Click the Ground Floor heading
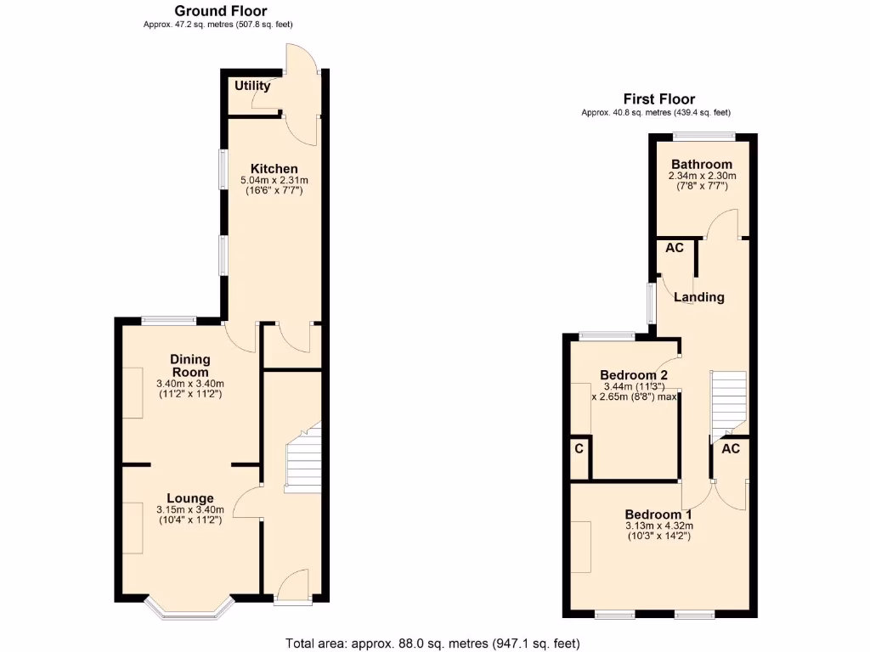pyautogui.click(x=220, y=11)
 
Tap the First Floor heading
pyautogui.click(x=658, y=99)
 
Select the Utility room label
pyautogui.click(x=252, y=86)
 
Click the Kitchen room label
pyautogui.click(x=274, y=169)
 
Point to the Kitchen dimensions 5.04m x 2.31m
pyautogui.click(x=274, y=180)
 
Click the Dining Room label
pyautogui.click(x=189, y=366)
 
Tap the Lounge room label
pyautogui.click(x=189, y=498)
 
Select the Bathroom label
pyautogui.click(x=702, y=165)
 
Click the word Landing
pyautogui.click(x=699, y=297)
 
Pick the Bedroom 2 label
pyautogui.click(x=634, y=375)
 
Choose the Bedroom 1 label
pyautogui.click(x=658, y=514)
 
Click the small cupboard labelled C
pyautogui.click(x=579, y=448)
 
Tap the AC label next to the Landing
pyautogui.click(x=675, y=249)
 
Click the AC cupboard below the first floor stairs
pyautogui.click(x=731, y=449)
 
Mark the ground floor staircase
pyautogui.click(x=303, y=458)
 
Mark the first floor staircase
pyautogui.click(x=728, y=400)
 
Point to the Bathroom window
pyautogui.click(x=704, y=136)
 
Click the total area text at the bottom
pyautogui.click(x=433, y=644)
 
